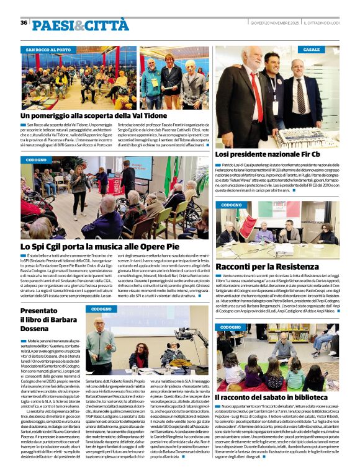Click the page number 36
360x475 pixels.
(24, 23)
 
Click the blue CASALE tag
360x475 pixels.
(312, 49)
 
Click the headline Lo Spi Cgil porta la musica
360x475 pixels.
(89, 247)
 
